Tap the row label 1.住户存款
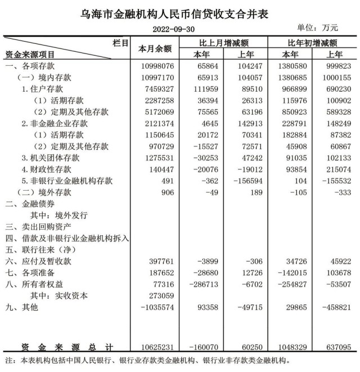tap(43, 89)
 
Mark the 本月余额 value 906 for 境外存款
tap(164, 192)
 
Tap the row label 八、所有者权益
tap(35, 284)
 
